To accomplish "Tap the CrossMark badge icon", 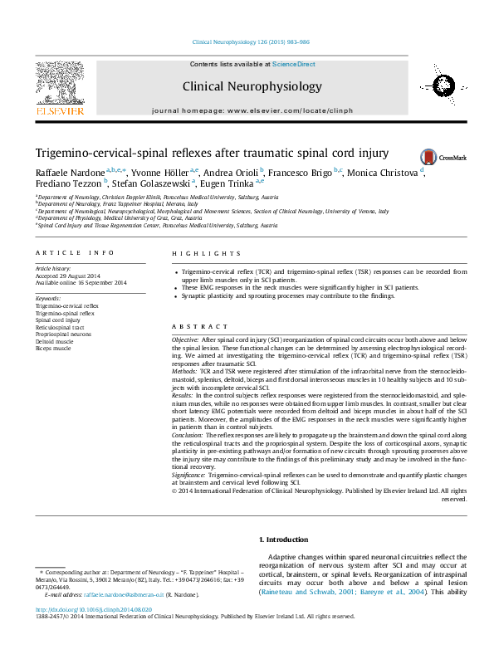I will [x=428, y=156].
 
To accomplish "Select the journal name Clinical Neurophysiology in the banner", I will [x=252, y=86].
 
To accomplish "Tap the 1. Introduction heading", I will [x=284, y=539].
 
